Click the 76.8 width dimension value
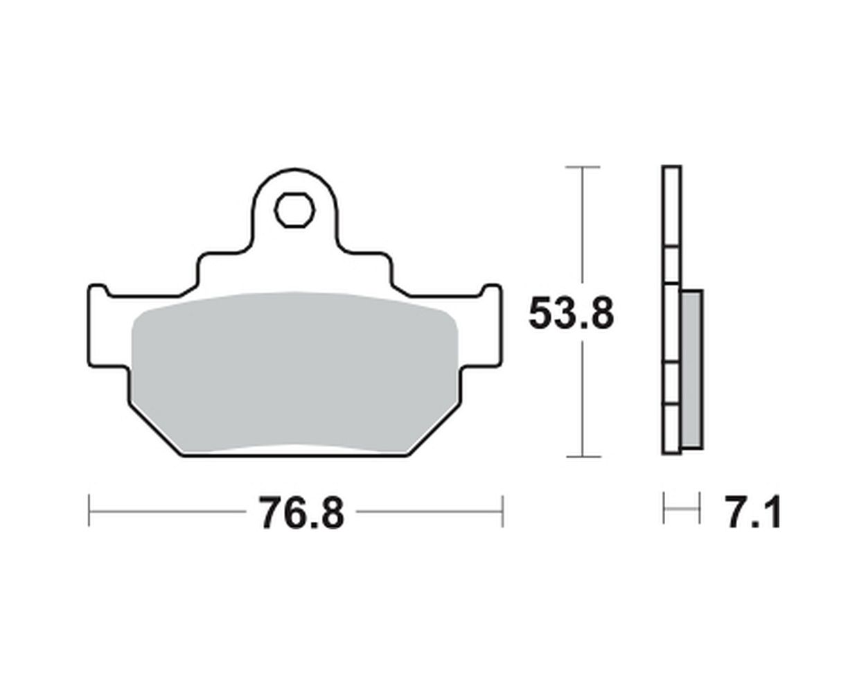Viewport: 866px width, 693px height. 301,513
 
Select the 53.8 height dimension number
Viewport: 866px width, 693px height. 571,314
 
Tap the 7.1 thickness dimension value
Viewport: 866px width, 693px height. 752,513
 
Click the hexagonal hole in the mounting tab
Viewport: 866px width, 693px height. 294,210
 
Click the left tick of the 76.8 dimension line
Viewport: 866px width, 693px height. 89,511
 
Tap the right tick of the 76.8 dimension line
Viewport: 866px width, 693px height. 502,511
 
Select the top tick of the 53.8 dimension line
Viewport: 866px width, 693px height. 583,167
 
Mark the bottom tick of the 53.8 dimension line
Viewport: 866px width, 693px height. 583,457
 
